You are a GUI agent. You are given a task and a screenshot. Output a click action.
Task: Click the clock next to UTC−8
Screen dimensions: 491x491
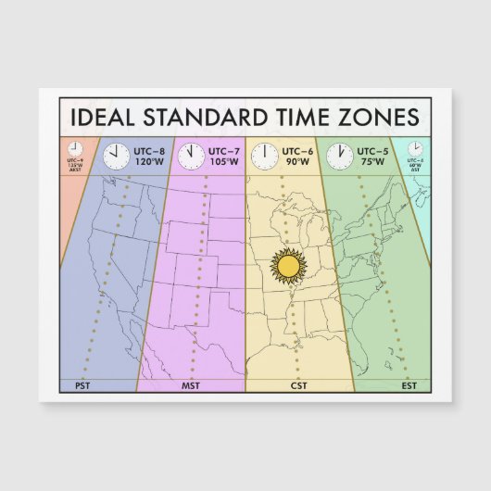click(116, 156)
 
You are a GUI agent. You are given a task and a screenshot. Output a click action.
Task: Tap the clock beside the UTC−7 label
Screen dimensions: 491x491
click(191, 156)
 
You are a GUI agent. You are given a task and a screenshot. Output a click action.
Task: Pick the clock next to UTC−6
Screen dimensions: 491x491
click(265, 156)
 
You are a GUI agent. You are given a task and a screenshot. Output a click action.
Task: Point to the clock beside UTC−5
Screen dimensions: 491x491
click(339, 156)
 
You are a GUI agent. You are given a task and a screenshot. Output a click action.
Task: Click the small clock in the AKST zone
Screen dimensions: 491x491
click(75, 148)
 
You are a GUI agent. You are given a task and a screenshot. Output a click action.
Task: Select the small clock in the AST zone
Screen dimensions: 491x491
click(416, 148)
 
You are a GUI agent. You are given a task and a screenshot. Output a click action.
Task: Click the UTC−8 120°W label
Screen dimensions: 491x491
click(150, 156)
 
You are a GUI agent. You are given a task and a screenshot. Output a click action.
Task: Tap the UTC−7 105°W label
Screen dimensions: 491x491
click(223, 156)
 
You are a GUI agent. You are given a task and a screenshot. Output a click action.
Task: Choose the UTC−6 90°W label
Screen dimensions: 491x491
click(297, 156)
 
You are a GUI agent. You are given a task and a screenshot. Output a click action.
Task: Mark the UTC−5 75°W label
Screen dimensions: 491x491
click(371, 156)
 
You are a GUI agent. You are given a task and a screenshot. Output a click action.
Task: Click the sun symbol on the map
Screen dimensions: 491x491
click(288, 267)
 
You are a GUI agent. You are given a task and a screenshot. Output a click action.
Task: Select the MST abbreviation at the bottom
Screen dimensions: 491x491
click(191, 384)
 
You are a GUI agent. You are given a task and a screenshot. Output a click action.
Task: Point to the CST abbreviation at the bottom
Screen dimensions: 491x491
click(298, 384)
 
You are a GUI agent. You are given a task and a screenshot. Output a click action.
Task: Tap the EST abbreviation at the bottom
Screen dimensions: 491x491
click(409, 384)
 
